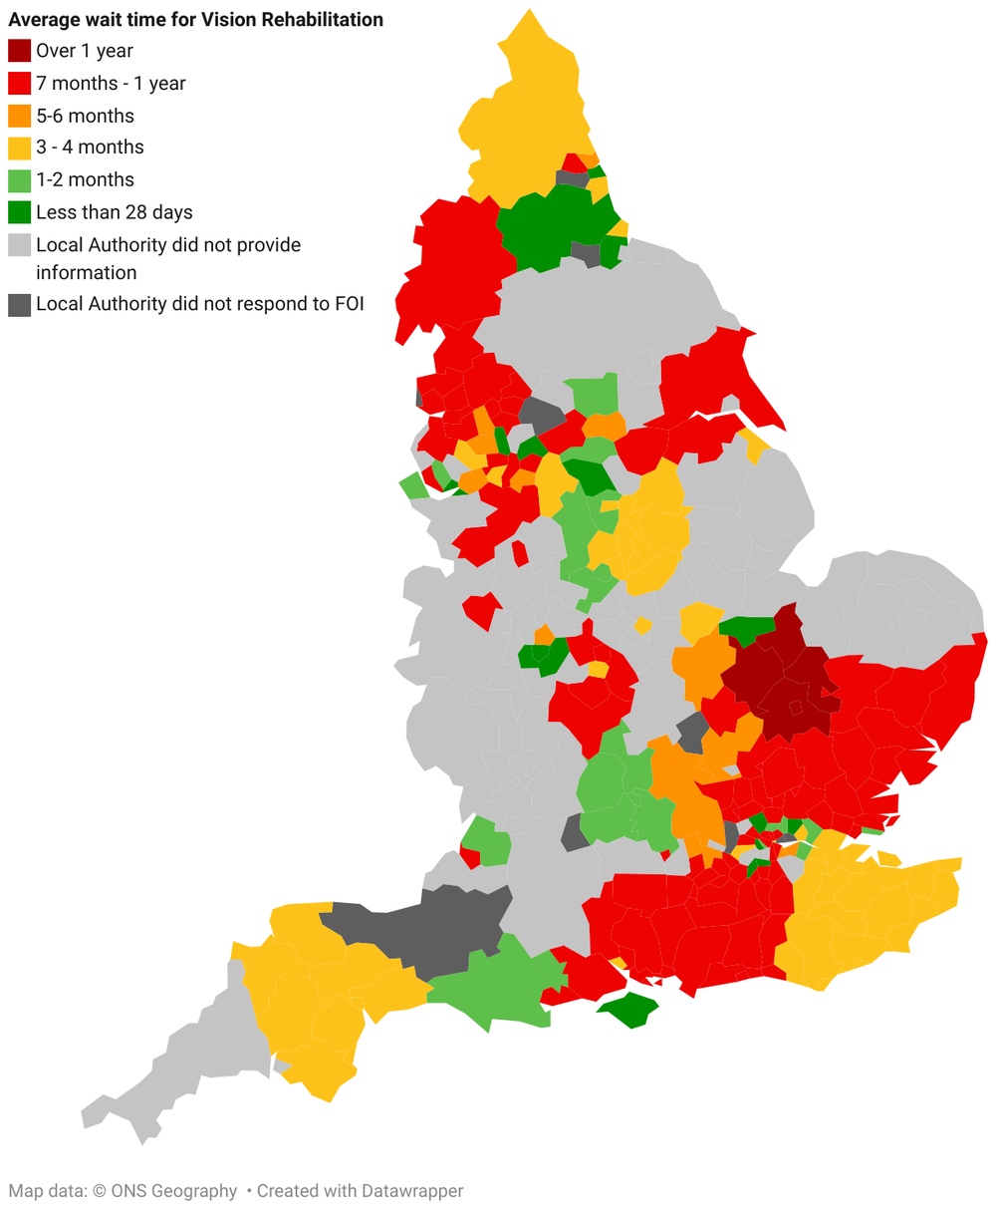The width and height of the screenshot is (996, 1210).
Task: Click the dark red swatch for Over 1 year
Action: (20, 51)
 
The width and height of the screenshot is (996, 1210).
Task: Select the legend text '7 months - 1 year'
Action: (111, 84)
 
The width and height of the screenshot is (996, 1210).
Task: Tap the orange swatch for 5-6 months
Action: (20, 116)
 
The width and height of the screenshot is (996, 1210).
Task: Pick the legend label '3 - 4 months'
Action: (90, 148)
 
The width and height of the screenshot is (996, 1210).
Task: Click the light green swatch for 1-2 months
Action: (20, 180)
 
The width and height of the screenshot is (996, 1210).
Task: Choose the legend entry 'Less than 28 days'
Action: (114, 212)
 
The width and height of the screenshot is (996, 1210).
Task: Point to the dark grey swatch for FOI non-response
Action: (20, 305)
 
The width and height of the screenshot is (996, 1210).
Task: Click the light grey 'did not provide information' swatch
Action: (20, 245)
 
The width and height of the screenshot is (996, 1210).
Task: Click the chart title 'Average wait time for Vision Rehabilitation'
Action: (195, 20)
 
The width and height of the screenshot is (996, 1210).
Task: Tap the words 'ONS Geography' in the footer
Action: (175, 1191)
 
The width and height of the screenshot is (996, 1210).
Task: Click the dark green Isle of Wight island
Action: (629, 1009)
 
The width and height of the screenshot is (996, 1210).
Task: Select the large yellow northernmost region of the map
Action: (523, 120)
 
